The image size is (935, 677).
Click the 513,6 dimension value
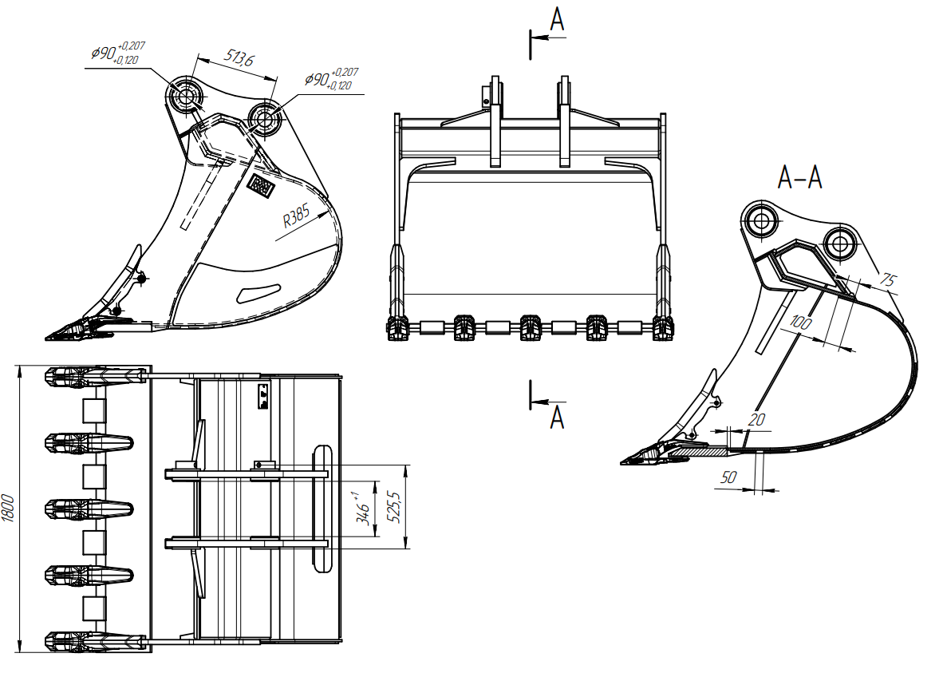[239, 57]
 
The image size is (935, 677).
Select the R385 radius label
[296, 216]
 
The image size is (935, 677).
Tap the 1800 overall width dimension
[8, 509]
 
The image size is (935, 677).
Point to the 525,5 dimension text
[394, 507]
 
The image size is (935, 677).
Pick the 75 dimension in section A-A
[888, 279]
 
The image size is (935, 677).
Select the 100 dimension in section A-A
[800, 323]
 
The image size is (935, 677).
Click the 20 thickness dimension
[756, 420]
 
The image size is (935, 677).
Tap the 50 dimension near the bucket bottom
[728, 477]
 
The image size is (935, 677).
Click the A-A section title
[800, 177]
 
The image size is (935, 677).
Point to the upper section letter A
[556, 19]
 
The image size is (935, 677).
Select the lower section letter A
[556, 417]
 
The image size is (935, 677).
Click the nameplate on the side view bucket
[261, 186]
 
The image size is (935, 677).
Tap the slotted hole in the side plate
[258, 292]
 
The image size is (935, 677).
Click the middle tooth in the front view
[530, 327]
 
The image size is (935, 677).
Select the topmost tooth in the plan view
[96, 377]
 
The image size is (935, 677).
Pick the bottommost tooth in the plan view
[96, 641]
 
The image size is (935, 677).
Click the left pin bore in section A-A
[760, 221]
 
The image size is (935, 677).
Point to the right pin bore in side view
[263, 117]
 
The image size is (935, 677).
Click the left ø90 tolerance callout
[118, 53]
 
